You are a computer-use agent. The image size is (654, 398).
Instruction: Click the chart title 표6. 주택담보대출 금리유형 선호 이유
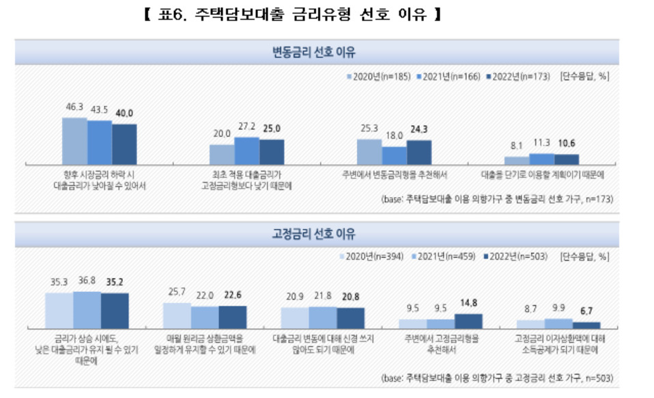point(292,14)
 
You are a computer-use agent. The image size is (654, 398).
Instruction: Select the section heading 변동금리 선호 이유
point(313,52)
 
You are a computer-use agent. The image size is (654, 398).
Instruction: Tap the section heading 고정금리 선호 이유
point(313,233)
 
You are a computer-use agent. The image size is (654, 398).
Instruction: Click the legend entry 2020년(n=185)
point(379,77)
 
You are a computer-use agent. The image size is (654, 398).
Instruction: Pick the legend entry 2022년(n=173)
point(518,77)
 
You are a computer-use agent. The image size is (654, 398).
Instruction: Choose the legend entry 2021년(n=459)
point(443,256)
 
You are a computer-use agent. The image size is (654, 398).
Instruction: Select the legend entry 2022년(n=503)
point(515,256)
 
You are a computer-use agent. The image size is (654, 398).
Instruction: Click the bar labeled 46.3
point(74,141)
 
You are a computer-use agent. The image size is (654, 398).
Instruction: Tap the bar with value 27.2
point(247,150)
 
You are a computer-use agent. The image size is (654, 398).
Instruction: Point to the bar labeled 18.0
point(394,155)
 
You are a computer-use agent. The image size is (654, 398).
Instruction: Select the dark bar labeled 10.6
point(567,159)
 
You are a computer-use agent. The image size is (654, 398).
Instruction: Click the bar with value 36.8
point(87,310)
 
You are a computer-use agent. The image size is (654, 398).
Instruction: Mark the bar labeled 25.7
point(177,316)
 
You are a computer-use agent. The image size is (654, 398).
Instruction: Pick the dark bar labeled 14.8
point(468,321)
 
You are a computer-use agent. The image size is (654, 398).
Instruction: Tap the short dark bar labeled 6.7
point(586,326)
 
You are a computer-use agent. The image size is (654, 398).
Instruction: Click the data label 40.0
point(124,114)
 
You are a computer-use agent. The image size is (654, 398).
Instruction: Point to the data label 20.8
point(350,297)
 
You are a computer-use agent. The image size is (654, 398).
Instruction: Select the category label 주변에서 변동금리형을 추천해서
point(395,175)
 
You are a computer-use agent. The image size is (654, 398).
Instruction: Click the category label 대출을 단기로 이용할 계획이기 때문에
point(543,175)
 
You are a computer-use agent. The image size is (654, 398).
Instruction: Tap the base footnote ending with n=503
point(497,378)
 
